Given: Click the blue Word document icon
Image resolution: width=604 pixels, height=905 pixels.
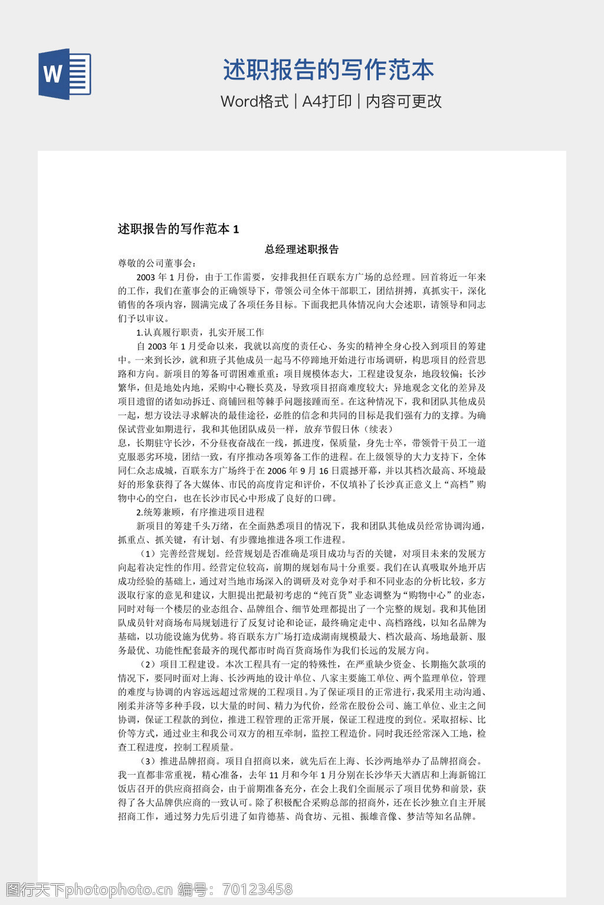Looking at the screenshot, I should [x=65, y=74].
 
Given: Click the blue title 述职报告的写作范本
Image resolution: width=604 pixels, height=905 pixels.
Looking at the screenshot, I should [x=328, y=70].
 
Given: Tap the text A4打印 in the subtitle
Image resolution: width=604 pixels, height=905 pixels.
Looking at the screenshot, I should [x=327, y=101].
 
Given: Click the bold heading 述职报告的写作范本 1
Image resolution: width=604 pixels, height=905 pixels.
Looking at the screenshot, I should [x=178, y=229].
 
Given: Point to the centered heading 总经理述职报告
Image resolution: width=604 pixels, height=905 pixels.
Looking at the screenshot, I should [x=301, y=249].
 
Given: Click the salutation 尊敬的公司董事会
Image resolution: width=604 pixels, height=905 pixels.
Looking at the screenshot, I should [x=157, y=263].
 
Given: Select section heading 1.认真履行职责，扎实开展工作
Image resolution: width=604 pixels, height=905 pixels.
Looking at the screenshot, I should [x=200, y=332].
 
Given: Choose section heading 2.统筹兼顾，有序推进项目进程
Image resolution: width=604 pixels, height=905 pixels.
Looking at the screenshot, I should [x=200, y=512].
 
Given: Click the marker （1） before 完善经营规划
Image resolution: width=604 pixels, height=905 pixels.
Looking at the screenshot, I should [x=148, y=554].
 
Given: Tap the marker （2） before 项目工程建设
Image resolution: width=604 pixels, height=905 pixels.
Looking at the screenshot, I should [x=148, y=665].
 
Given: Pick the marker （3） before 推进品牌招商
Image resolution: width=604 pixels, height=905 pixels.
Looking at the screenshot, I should [x=148, y=761].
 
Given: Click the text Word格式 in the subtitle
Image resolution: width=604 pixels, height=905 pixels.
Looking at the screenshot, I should [x=254, y=101].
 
